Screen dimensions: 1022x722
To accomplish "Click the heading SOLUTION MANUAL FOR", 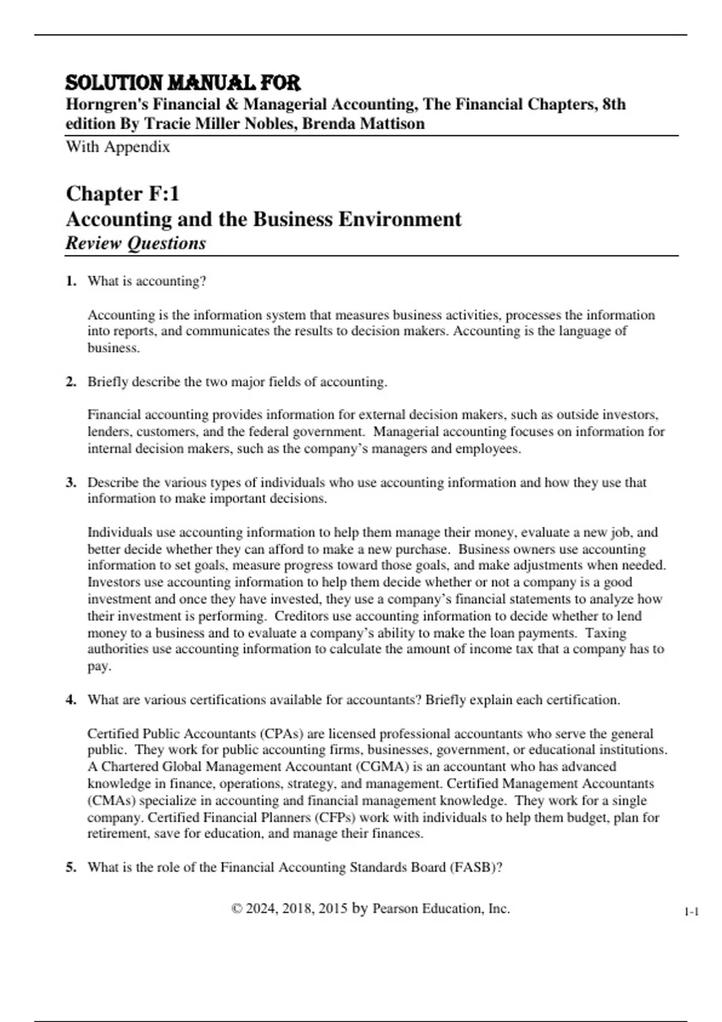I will click(183, 83).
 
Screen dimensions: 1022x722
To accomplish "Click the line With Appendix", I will click(118, 147).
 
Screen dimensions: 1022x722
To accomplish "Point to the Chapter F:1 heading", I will click(123, 194).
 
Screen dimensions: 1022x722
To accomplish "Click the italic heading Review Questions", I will click(136, 243).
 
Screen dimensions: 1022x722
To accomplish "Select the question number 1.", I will click(71, 281).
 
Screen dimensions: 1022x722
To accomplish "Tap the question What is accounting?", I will click(147, 281).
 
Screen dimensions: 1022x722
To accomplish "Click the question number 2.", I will click(71, 382).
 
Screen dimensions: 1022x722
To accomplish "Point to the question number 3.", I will click(71, 482).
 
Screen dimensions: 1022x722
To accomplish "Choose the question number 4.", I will click(71, 700).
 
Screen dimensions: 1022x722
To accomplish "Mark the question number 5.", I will click(71, 867).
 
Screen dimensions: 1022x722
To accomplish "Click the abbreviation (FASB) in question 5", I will click(475, 867).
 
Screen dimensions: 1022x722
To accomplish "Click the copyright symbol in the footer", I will click(236, 909).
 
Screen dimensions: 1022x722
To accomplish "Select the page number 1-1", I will click(691, 912).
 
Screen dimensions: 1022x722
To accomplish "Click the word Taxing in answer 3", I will click(606, 633).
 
